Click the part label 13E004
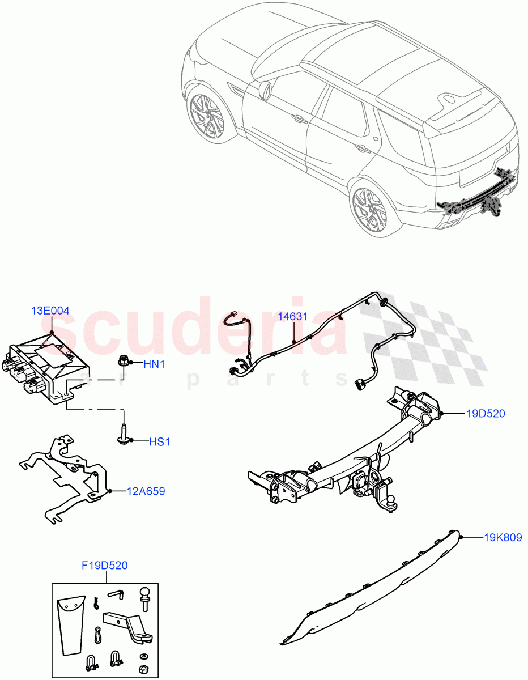(50, 311)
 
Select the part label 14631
(293, 317)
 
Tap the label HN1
(154, 364)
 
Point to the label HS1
(159, 441)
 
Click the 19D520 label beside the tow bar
(486, 414)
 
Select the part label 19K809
(503, 537)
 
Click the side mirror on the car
(265, 90)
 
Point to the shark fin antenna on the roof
(452, 98)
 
